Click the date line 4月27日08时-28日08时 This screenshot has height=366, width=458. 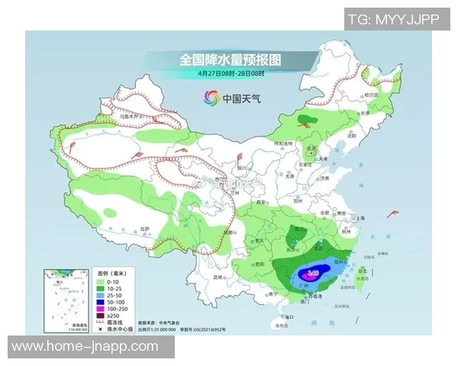(230, 73)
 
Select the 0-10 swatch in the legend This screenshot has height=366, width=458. (98, 281)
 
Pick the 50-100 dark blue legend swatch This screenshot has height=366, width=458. (98, 301)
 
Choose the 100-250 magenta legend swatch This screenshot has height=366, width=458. (98, 308)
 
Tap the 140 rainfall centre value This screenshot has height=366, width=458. (314, 272)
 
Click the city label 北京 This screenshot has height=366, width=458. (311, 149)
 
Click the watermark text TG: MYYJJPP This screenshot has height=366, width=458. (394, 19)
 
